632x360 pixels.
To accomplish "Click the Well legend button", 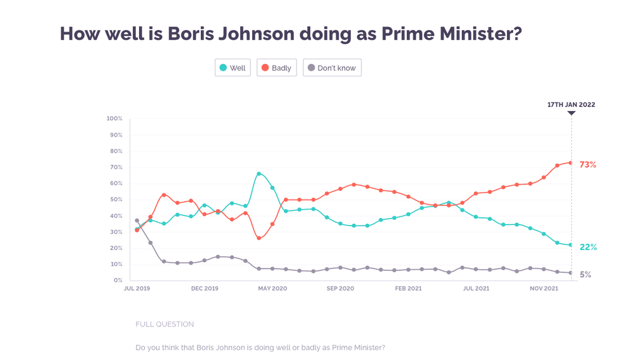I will point(233,68).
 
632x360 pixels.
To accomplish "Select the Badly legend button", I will point(276,68).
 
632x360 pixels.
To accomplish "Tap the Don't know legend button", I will point(332,68).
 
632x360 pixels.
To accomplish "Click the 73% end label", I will point(588,165).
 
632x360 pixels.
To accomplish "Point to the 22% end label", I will point(588,247).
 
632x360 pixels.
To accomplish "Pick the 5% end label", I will point(586,275).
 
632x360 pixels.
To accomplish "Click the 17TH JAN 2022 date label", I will point(571,105).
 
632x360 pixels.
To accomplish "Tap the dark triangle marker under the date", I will point(571,114).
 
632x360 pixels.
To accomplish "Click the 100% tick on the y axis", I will point(114,119).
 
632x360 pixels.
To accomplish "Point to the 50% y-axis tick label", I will point(116,200).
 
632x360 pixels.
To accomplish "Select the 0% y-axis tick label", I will point(118,280).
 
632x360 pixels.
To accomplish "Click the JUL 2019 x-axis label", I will point(137,289).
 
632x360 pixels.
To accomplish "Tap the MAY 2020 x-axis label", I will point(272,289).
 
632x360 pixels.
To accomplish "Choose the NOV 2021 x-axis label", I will point(544,289).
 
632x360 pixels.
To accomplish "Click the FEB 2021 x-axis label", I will point(408,289).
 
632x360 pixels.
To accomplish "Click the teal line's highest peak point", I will point(259,174).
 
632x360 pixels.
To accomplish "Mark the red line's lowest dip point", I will point(259,238).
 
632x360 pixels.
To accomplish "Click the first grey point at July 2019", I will point(137,221).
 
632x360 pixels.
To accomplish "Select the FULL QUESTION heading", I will point(164,324).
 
